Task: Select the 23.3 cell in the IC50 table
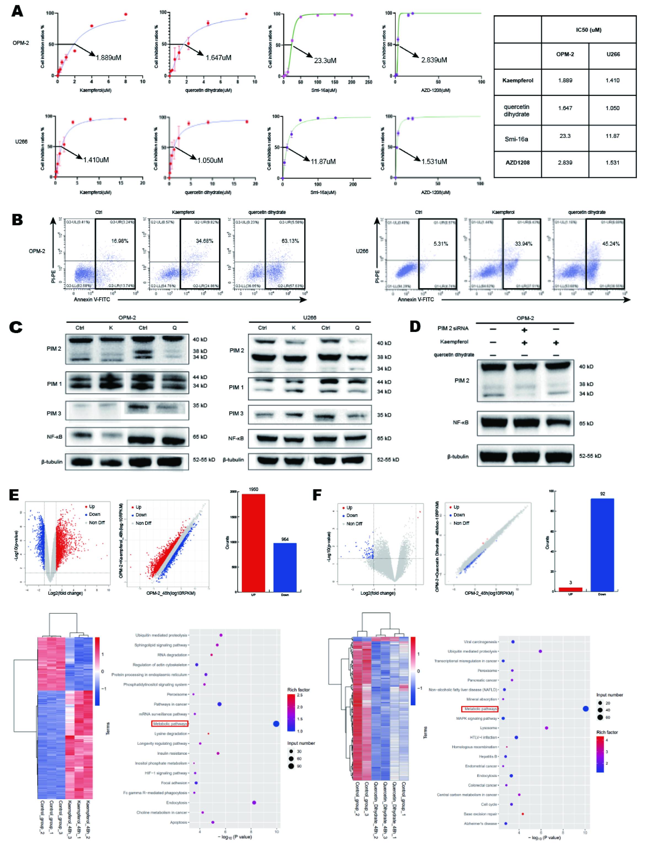[565, 136]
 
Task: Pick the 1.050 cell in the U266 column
[613, 108]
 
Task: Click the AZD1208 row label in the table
[518, 163]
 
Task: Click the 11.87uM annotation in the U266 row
[323, 162]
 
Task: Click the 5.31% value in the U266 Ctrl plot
[441, 244]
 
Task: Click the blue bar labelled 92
[602, 544]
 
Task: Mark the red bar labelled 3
[570, 589]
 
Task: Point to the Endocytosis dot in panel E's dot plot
[254, 803]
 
